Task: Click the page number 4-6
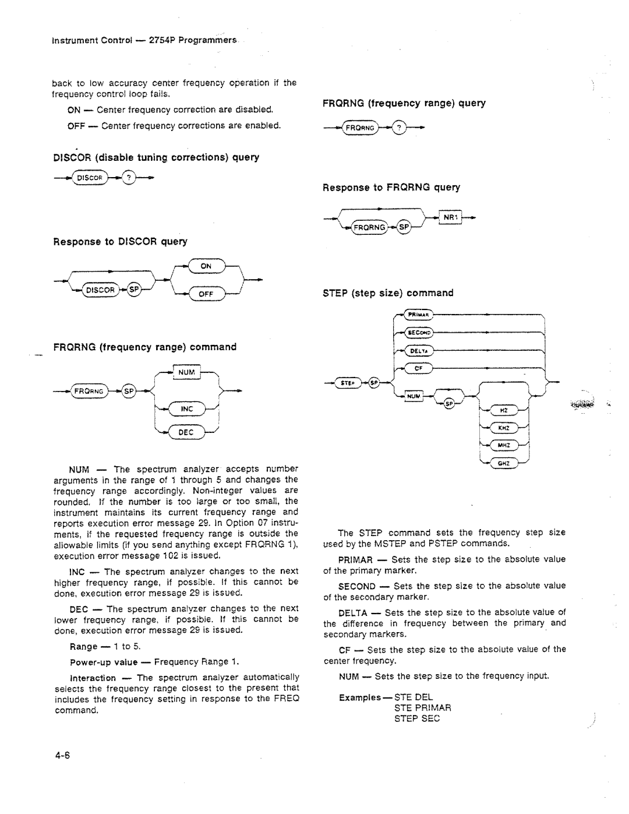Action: pos(62,756)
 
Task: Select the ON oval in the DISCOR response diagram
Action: pos(206,266)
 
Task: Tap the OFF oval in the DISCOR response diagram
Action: pos(206,294)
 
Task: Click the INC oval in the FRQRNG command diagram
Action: pos(187,409)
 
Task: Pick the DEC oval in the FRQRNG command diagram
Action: pos(187,432)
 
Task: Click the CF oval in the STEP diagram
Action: pos(418,368)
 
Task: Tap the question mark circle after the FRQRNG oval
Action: pos(398,128)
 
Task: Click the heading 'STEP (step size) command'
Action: pos(388,293)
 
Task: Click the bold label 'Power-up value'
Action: pos(104,662)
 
